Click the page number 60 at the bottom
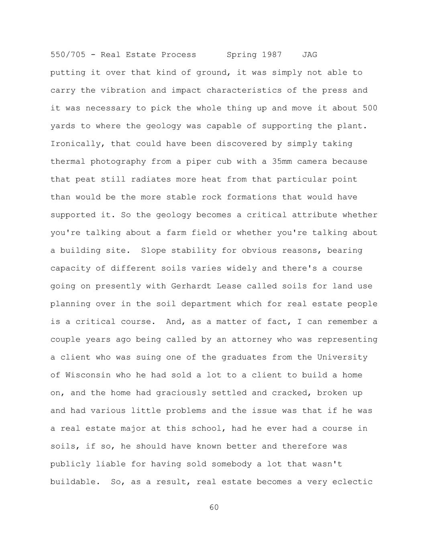click(214, 507)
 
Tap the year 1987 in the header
click(272, 55)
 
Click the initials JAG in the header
click(310, 55)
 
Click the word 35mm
click(282, 161)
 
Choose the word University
click(342, 357)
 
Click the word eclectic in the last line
click(352, 482)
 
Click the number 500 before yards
click(370, 108)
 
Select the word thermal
click(68, 161)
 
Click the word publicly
click(70, 464)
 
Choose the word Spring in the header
click(242, 55)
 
